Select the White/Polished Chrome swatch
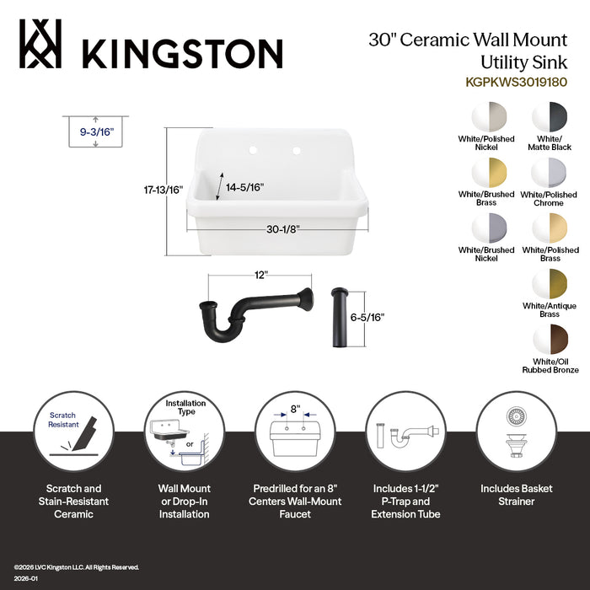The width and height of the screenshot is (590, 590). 550,173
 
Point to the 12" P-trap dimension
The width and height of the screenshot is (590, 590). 260,275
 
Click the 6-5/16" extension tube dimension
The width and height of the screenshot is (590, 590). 366,318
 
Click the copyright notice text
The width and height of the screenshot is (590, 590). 76,567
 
